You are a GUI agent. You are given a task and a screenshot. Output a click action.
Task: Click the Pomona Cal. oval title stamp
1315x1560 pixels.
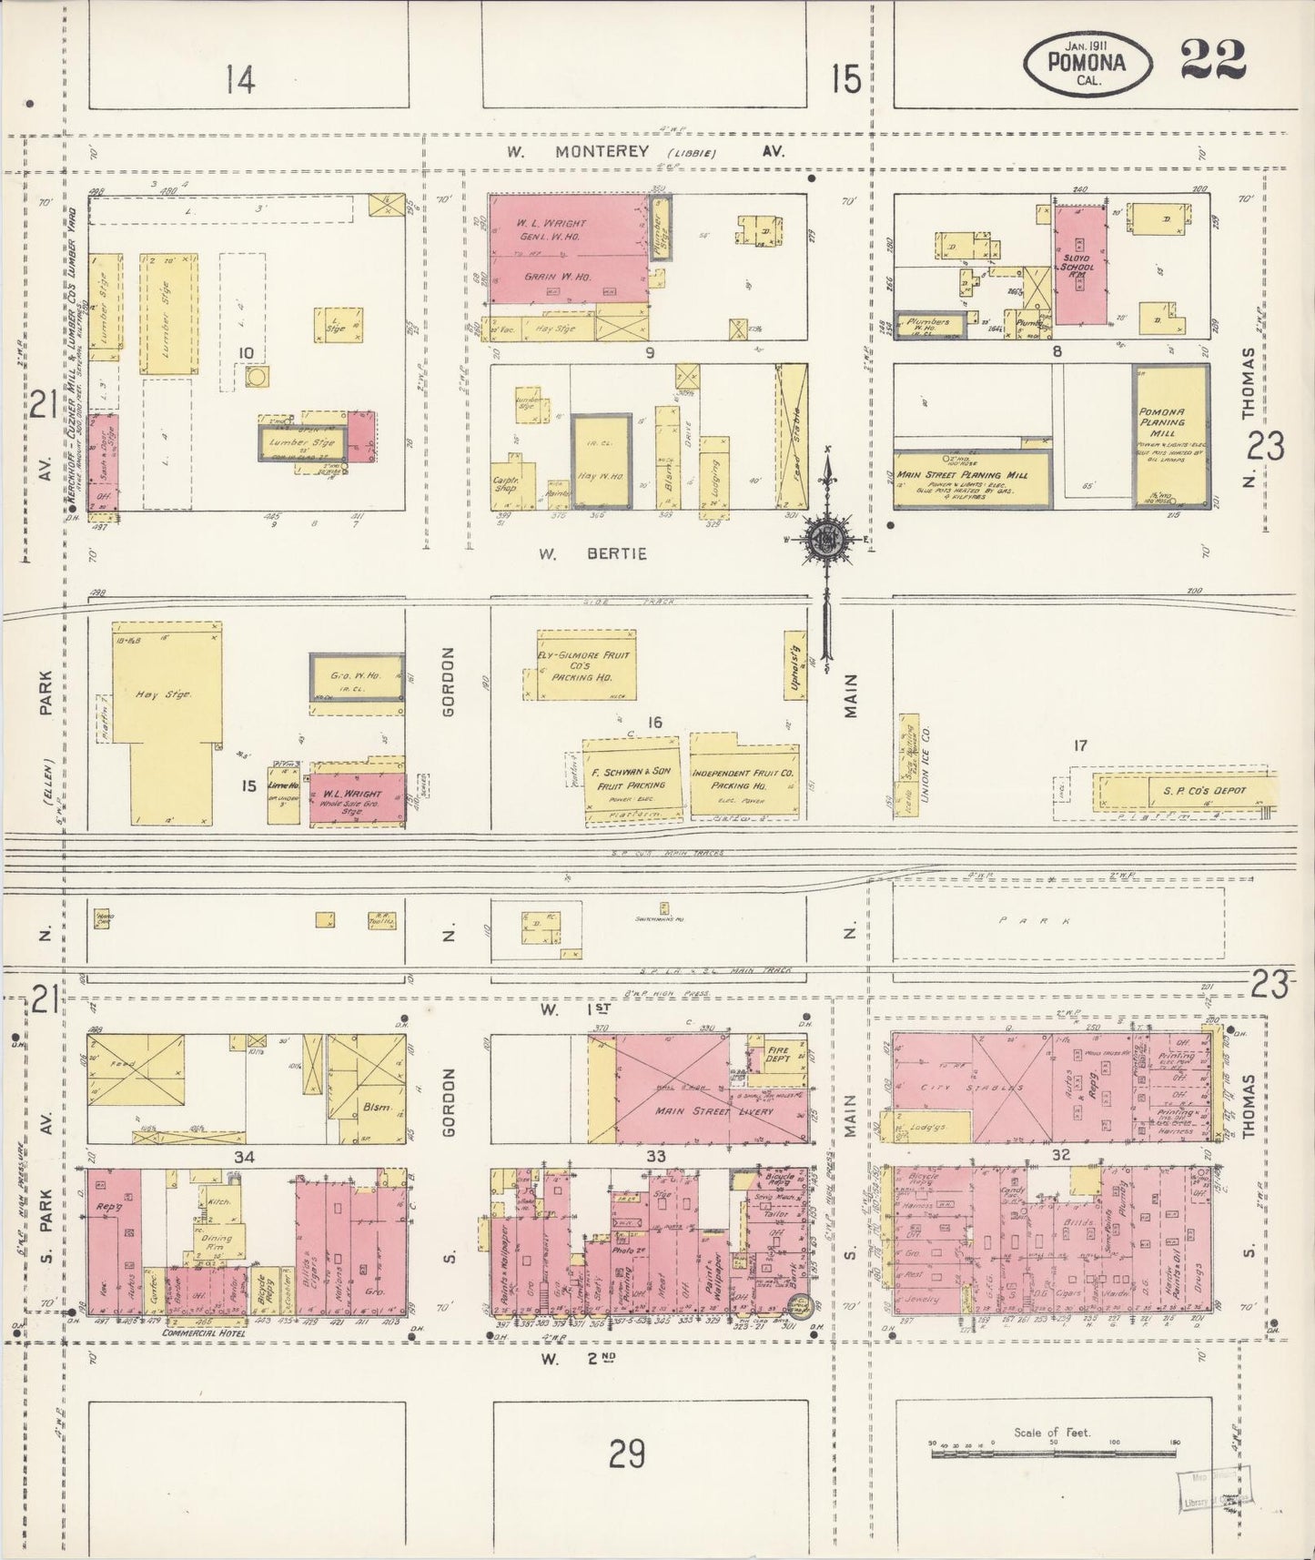[x=1087, y=62]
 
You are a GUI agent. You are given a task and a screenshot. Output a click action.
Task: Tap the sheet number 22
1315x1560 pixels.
[x=1212, y=60]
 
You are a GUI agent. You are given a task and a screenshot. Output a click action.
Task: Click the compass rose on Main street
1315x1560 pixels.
[x=827, y=538]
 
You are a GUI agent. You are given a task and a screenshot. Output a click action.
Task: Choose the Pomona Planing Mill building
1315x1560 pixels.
[x=1170, y=436]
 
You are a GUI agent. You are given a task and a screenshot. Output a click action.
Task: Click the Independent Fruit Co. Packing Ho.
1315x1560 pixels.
[x=743, y=778]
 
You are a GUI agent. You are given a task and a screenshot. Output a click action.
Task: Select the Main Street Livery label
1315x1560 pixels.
[x=714, y=1112]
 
